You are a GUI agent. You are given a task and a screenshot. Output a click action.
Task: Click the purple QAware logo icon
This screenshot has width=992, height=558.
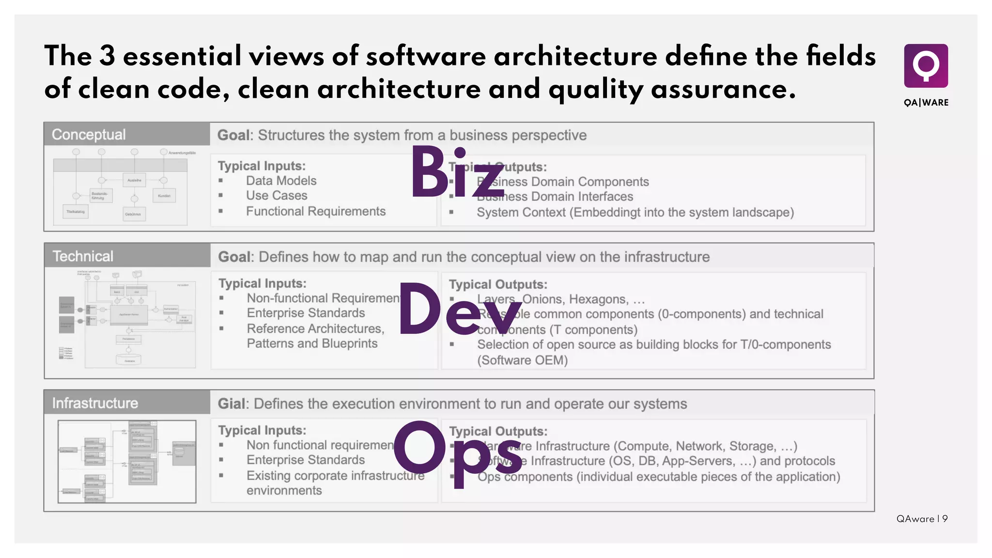coord(926,66)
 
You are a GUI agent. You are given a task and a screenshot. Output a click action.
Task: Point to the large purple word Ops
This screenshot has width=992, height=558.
coord(458,450)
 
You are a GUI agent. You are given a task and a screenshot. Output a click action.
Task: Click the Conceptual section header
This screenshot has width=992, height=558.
coord(89,135)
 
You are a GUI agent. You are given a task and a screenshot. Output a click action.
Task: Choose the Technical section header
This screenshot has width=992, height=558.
coord(83,256)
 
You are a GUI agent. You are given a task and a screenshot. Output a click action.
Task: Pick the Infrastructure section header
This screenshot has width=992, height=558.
coord(95,403)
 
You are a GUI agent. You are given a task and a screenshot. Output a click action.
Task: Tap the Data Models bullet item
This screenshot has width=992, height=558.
coord(281,181)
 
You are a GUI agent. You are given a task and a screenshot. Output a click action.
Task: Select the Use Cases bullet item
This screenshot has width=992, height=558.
coord(277,196)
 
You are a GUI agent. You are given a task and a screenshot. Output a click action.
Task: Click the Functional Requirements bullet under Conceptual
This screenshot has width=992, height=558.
coord(315,211)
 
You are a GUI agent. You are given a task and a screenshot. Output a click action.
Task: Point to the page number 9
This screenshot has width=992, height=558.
coord(945,519)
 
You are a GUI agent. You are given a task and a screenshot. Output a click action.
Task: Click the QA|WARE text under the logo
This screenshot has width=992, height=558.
coord(926,103)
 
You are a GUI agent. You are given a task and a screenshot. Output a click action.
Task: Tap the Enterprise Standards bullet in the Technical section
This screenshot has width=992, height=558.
coord(306,313)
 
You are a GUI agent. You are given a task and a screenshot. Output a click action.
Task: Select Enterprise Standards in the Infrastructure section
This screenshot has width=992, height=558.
coord(306,460)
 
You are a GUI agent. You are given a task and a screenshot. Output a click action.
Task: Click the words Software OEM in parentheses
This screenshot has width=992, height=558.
coord(522,360)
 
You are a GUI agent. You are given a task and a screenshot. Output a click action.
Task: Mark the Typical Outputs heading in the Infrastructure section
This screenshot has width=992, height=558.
coord(498,431)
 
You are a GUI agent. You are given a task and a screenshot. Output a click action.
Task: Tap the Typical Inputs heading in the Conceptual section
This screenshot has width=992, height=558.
coord(262,166)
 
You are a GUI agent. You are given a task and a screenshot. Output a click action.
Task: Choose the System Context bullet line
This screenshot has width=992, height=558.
coord(635,212)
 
